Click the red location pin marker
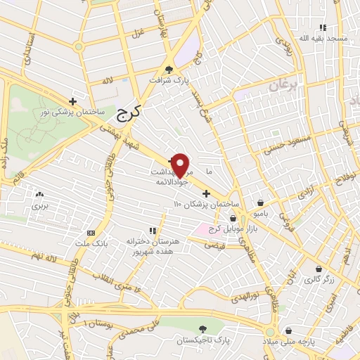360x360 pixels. coord(181,165)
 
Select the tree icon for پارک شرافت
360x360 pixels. coord(169,69)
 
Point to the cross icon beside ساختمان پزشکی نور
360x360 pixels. coord(72,102)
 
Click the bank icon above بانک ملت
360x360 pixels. coord(91,232)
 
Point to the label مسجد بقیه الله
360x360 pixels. coord(323,37)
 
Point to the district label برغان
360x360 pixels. coord(283,86)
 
